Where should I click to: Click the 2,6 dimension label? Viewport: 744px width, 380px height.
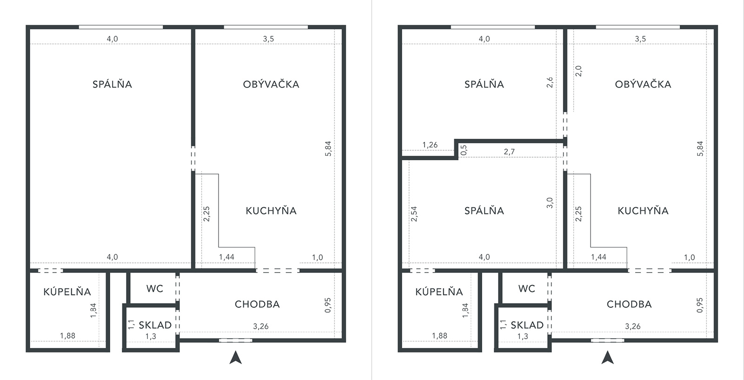550,82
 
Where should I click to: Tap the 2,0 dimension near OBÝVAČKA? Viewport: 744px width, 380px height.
578,71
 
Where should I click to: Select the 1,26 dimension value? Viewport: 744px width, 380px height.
430,145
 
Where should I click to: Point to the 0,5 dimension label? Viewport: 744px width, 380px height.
464,150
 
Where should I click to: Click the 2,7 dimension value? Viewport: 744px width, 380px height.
509,152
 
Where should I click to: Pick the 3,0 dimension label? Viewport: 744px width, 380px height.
550,203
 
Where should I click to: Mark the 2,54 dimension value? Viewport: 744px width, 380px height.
414,214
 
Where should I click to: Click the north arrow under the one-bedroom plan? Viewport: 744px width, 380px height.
235,357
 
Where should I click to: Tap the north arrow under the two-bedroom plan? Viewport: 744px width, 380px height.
607,357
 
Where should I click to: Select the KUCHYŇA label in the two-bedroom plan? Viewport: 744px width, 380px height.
643,211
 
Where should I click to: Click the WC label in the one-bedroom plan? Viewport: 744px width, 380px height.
155,289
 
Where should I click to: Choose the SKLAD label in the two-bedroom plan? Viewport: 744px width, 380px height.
527,325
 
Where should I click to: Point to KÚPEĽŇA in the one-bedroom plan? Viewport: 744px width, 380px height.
67,292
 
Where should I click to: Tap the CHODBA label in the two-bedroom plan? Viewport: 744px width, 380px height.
629,304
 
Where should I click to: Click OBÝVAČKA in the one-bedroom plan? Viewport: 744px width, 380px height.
271,84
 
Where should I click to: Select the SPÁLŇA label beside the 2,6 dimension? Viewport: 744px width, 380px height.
484,84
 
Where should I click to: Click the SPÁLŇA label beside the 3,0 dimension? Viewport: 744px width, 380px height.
484,211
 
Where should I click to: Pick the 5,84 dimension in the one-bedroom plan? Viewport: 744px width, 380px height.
328,148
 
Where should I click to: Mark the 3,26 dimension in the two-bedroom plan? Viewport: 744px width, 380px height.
633,327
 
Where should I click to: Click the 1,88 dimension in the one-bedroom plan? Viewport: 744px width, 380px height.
68,336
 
